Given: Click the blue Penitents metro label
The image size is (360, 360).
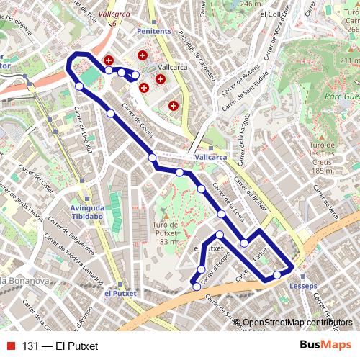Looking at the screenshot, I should coord(154,32).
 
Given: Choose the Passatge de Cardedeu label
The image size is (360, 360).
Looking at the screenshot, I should coord(193,44).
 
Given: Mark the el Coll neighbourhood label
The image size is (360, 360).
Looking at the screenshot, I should coord(273,13).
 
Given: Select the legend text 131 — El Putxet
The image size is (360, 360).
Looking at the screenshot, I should coord(60,346).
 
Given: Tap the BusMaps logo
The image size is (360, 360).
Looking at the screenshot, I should coord(325,346).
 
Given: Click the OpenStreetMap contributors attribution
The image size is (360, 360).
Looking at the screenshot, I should coord(297,323).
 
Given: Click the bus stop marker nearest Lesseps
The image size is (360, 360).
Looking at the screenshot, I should coord(276,275).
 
